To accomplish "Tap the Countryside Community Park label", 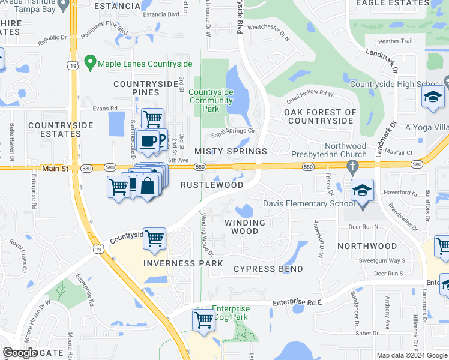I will (x=211, y=96).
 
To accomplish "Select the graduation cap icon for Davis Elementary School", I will (x=362, y=191).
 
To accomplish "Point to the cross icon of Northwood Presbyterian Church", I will (x=353, y=165).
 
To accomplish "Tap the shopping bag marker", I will (x=147, y=185).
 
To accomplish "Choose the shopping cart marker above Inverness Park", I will (x=155, y=239).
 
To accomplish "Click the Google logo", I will (x=20, y=353).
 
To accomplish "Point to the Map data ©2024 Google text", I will (x=412, y=355).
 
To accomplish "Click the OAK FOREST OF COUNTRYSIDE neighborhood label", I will (x=320, y=116).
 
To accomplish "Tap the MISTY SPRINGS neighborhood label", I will (x=231, y=151).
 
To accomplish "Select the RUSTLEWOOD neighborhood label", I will (x=212, y=185).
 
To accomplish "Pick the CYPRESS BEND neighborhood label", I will (x=268, y=269).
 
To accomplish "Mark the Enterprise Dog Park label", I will (x=231, y=313).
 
